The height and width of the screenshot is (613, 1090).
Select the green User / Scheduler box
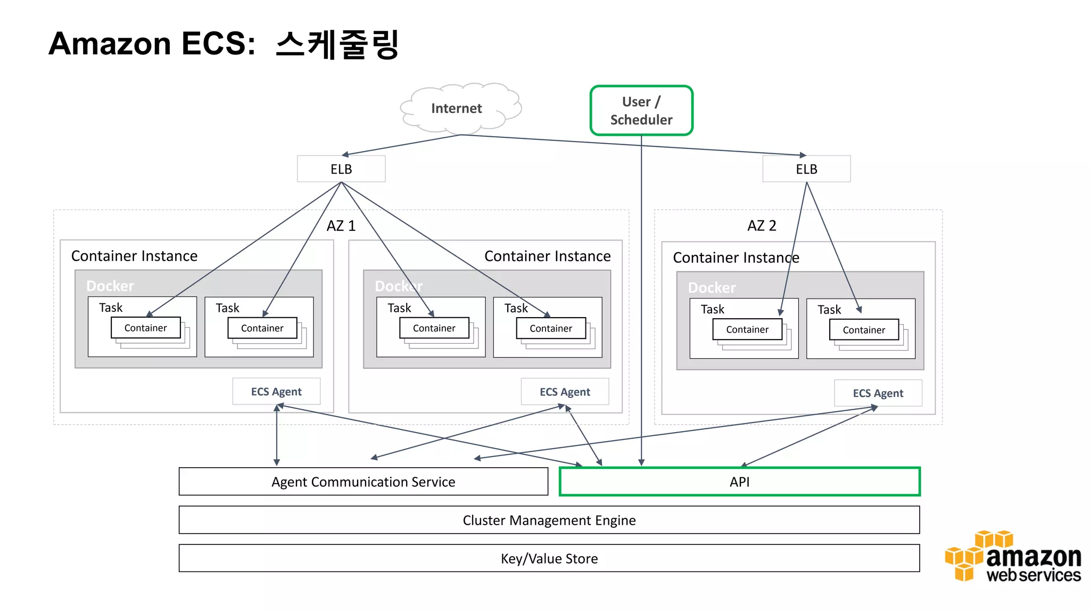pos(641,111)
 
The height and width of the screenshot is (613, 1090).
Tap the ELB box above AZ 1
pos(341,169)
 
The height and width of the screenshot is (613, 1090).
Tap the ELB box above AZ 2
pos(806,169)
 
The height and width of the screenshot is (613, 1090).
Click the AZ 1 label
pos(341,226)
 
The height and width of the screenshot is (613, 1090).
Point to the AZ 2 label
pos(762,226)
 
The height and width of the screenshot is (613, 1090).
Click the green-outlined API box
pos(739,482)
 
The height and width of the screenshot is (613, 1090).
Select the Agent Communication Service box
pos(363,482)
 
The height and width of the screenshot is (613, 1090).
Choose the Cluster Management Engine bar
pos(549,520)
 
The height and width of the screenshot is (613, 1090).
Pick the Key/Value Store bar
pos(549,558)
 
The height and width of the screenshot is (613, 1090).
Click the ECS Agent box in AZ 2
pos(878,393)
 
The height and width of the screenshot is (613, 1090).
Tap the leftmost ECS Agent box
pos(276,392)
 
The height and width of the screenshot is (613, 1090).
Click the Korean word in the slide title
pos(337,44)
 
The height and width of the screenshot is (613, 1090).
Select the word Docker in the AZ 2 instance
pos(712,288)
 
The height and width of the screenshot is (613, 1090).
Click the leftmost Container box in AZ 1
pos(145,328)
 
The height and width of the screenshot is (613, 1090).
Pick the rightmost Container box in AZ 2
pos(863,330)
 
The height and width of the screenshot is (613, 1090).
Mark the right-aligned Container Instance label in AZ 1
pos(547,256)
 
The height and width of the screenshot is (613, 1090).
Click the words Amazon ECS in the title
pos(152,44)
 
